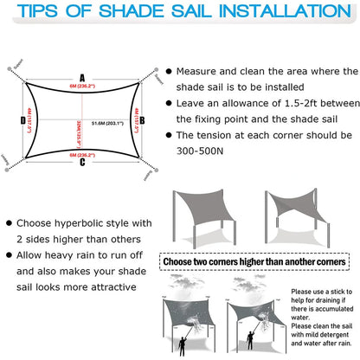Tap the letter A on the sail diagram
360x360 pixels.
(x=82, y=75)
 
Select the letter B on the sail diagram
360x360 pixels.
(x=142, y=120)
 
